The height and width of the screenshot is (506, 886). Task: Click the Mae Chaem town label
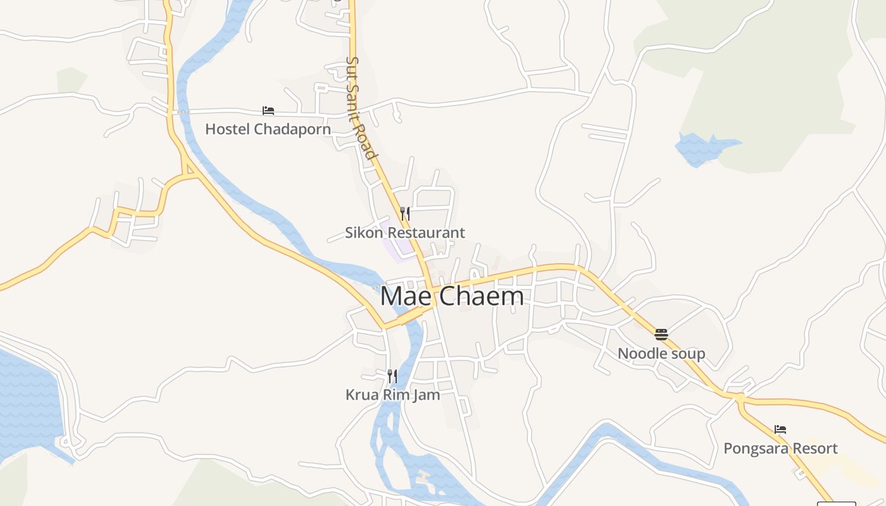coord(452,296)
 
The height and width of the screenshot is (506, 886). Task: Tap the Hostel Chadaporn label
coord(268,129)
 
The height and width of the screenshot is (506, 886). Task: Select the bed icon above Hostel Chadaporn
coord(268,111)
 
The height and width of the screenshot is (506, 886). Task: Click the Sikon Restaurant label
coord(405,233)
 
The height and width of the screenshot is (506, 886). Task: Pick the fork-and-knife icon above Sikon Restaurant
coord(405,214)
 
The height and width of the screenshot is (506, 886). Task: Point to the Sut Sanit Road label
coord(361,108)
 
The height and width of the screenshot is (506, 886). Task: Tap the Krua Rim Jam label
coord(392,395)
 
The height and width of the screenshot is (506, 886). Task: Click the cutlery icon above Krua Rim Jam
coord(392,376)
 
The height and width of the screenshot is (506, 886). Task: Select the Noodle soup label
coord(661,353)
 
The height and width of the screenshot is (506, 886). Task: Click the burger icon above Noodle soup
coord(661,334)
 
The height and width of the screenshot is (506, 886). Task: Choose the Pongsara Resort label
coord(780,448)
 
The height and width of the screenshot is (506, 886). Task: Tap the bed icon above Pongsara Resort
coord(780,429)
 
